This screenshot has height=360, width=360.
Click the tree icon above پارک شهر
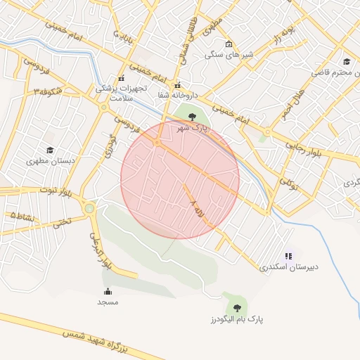(193, 117)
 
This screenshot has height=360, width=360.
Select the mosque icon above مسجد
(108, 291)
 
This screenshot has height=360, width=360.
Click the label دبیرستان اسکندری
(289, 267)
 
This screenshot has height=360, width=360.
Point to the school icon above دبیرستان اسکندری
(288, 256)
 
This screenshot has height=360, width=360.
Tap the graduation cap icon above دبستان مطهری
(50, 150)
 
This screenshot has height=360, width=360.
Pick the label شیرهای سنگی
(229, 54)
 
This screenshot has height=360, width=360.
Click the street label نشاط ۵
(22, 217)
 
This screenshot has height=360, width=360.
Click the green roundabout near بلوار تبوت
(89, 208)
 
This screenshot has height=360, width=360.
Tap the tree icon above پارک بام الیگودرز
(236, 307)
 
